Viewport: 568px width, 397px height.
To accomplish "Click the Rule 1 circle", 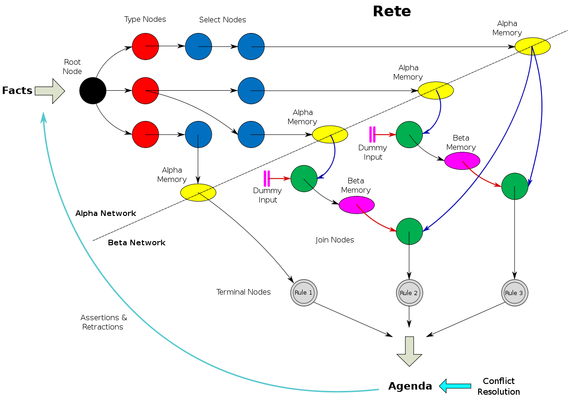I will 304,293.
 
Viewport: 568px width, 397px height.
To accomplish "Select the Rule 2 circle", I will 409,293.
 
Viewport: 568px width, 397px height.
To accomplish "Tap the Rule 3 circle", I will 514,293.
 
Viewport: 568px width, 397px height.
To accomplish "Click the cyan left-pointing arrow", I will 455,386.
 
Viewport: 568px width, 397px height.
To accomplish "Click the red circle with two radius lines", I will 145,91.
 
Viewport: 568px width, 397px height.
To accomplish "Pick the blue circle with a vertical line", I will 198,135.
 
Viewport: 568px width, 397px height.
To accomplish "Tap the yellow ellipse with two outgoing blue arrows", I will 532,47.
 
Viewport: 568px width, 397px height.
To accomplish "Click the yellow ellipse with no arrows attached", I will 198,193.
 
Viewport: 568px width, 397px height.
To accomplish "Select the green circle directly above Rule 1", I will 304,178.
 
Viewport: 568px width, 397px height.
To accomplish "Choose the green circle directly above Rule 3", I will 514,186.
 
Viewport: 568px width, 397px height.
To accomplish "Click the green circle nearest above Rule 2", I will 409,231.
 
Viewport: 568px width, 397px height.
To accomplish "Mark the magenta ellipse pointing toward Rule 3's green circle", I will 462,161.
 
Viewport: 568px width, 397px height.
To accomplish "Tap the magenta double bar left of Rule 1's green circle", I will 267,179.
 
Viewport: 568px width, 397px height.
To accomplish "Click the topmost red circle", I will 145,47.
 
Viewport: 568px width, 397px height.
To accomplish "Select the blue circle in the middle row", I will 251,91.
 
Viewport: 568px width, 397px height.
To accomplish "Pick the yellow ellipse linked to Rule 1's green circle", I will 330,135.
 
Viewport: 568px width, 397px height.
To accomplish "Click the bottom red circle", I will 145,135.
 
